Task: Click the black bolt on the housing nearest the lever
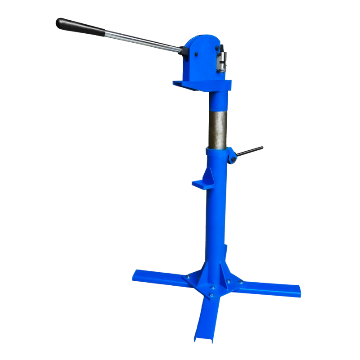point(197,56)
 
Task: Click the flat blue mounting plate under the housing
point(201,84)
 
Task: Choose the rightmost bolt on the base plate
point(240,283)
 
